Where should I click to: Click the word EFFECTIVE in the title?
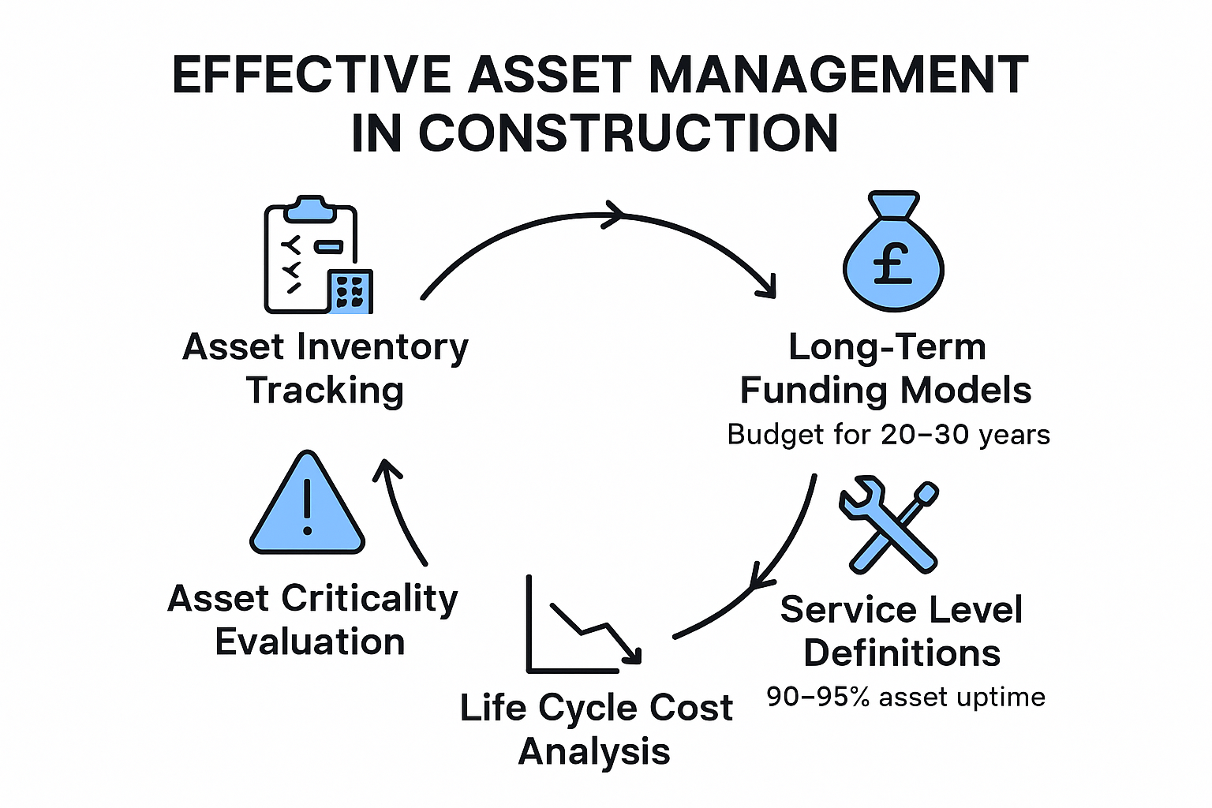pyautogui.click(x=311, y=76)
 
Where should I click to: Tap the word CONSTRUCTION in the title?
pyautogui.click(x=627, y=133)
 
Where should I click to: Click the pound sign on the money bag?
pyautogui.click(x=893, y=263)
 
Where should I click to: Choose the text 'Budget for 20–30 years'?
pyautogui.click(x=888, y=435)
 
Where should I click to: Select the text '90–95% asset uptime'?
pyautogui.click(x=906, y=697)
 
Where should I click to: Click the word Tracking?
pyautogui.click(x=325, y=391)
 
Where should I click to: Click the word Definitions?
pyautogui.click(x=902, y=653)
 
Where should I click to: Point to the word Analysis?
pyautogui.click(x=594, y=751)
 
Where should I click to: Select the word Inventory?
pyautogui.click(x=382, y=348)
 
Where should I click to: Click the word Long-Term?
pyautogui.click(x=887, y=347)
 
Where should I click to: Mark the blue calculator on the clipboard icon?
pyautogui.click(x=351, y=292)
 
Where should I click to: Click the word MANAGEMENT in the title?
pyautogui.click(x=838, y=76)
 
